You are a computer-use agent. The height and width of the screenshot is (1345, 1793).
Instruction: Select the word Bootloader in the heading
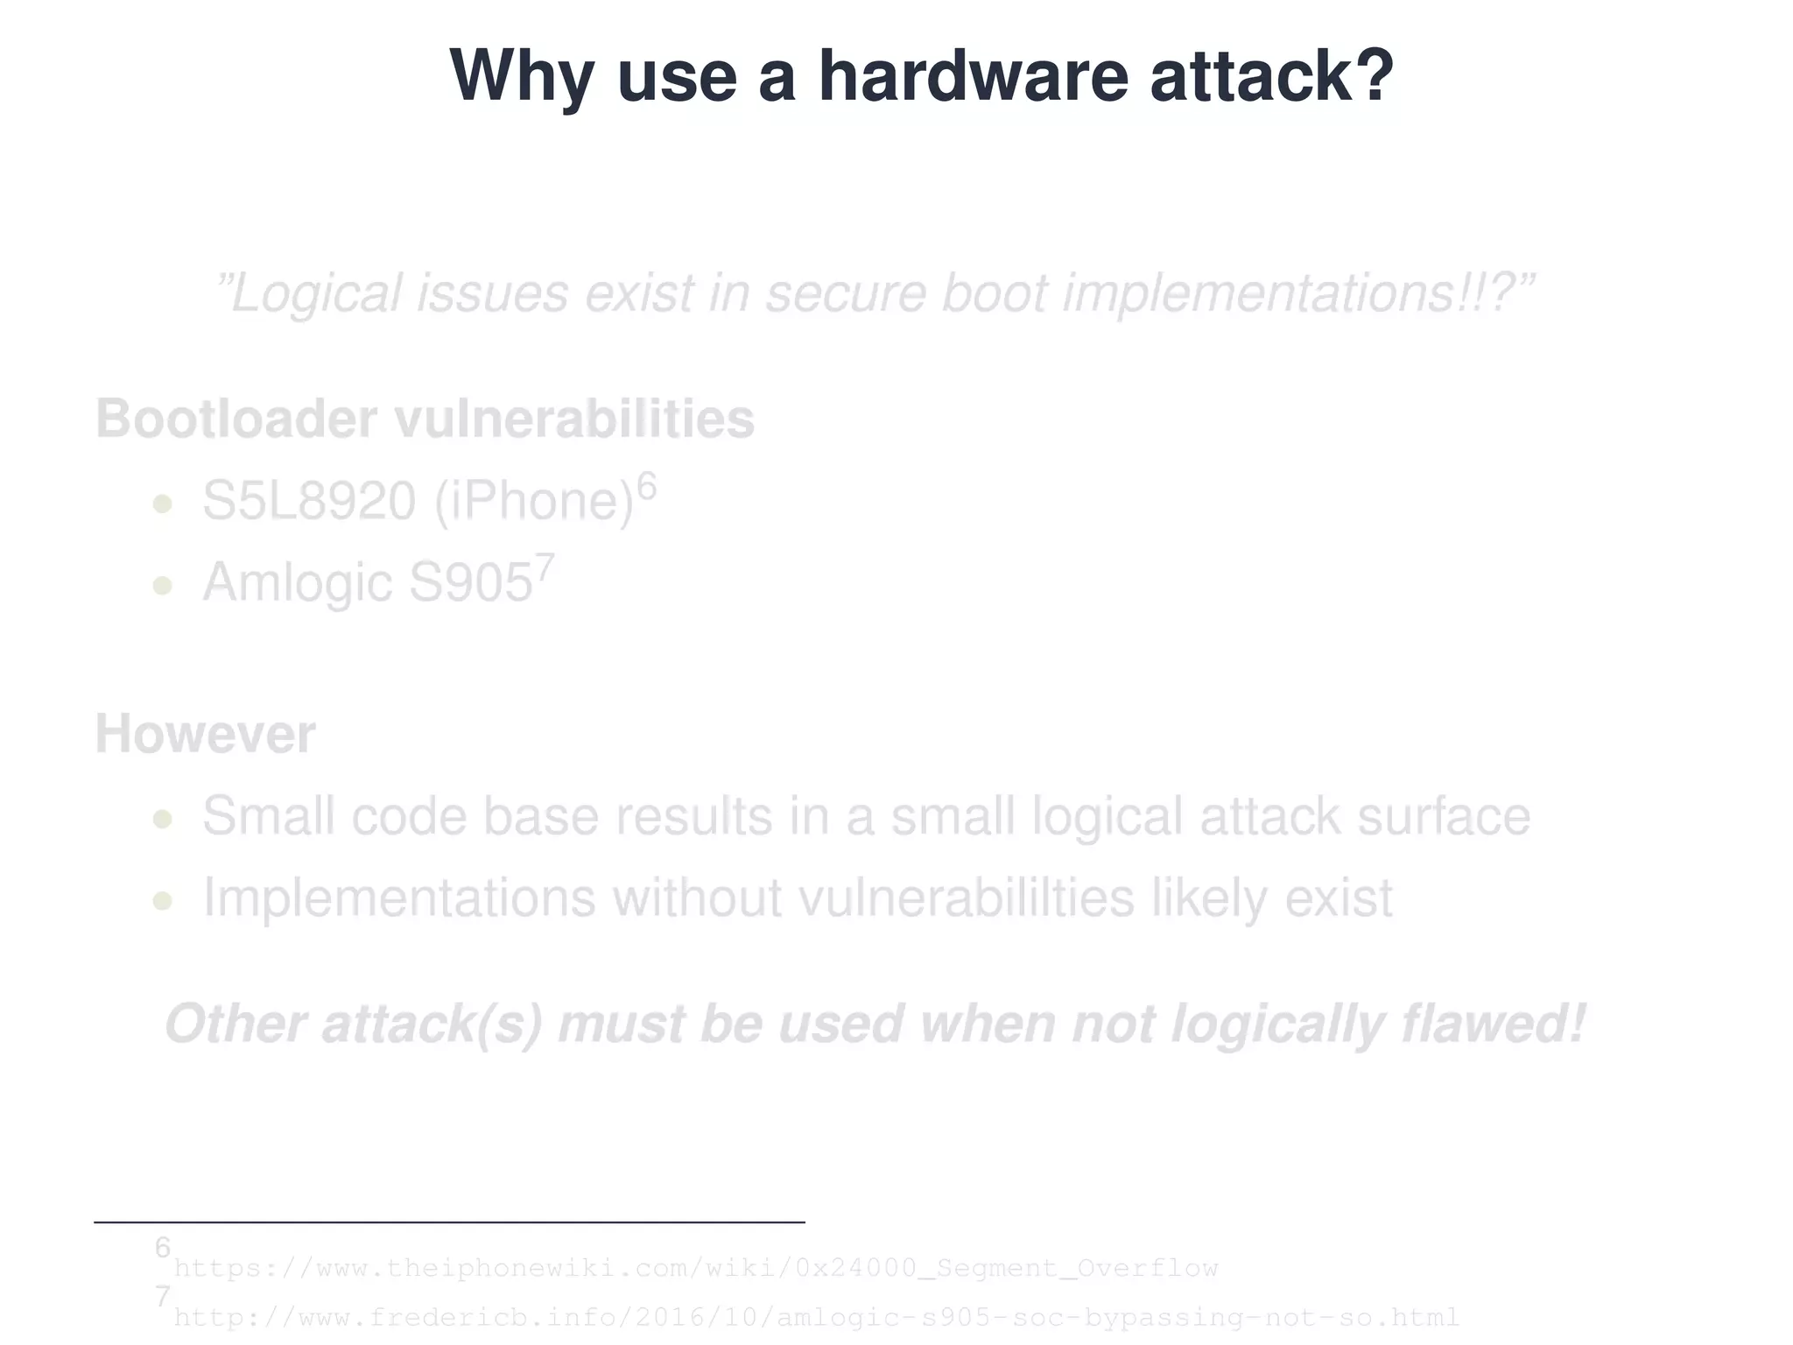[236, 419]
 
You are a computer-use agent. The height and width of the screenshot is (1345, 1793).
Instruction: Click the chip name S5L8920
[309, 501]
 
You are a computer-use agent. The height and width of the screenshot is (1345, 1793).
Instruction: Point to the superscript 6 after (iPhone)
[646, 485]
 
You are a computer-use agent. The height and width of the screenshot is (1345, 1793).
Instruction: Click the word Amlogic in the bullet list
[297, 582]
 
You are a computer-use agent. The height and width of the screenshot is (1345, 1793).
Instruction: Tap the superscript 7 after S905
[545, 567]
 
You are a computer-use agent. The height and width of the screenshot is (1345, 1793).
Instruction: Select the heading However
[205, 734]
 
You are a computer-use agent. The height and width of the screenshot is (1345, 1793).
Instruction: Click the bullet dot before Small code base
[162, 819]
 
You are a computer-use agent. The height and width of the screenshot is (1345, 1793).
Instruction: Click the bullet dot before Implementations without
[162, 900]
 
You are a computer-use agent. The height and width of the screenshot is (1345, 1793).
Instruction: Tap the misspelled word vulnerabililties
[967, 898]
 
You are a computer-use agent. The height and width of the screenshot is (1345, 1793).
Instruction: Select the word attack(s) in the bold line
[432, 1024]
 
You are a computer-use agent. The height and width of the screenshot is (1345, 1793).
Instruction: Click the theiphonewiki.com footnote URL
[696, 1268]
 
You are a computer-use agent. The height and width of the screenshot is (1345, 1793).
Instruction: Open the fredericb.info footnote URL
[816, 1317]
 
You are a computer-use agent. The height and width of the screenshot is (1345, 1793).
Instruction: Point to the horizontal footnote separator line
[449, 1222]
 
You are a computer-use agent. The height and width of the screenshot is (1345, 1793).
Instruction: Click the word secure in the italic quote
[846, 292]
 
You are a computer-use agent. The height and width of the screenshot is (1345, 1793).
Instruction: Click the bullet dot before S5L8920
[162, 503]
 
